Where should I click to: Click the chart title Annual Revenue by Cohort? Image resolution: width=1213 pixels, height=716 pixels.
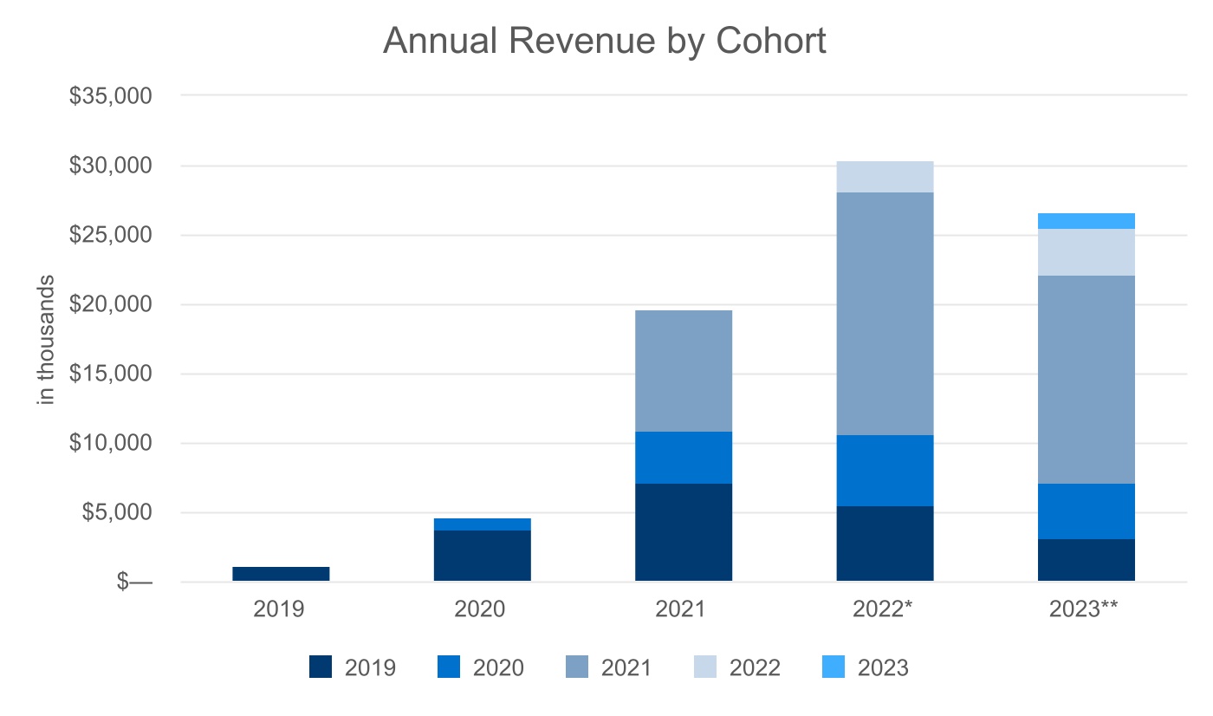point(605,41)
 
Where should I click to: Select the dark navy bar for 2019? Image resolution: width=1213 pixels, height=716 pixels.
point(281,573)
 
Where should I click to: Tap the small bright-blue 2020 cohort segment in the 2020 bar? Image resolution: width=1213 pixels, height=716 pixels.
point(482,524)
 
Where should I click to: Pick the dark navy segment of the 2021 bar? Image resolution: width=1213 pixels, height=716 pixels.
point(683,532)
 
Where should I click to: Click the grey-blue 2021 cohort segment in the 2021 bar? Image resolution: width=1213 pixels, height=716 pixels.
point(683,371)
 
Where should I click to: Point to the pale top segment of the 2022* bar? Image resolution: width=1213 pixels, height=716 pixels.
point(885,177)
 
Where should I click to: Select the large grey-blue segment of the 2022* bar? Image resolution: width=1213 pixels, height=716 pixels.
point(885,314)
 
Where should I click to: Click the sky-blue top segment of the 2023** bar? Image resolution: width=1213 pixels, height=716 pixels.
point(1086,221)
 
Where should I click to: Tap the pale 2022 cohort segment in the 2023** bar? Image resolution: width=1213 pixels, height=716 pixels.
point(1086,252)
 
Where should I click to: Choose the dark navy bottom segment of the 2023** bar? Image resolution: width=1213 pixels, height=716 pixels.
point(1086,560)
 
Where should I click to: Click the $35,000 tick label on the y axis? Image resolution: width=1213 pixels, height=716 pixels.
point(111,95)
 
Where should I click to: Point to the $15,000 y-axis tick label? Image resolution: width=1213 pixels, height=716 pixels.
point(111,374)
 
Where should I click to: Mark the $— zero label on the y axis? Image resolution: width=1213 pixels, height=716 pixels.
point(134,582)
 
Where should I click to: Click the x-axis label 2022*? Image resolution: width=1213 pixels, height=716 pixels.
point(885,609)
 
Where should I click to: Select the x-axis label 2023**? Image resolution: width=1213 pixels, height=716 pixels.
point(1084,609)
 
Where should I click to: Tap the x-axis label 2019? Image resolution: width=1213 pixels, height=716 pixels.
point(279,609)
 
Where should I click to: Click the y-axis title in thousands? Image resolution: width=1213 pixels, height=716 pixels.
point(47,339)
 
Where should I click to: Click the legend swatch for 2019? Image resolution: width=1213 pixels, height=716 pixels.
point(321,667)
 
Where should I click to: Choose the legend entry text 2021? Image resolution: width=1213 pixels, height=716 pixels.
point(626,667)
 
